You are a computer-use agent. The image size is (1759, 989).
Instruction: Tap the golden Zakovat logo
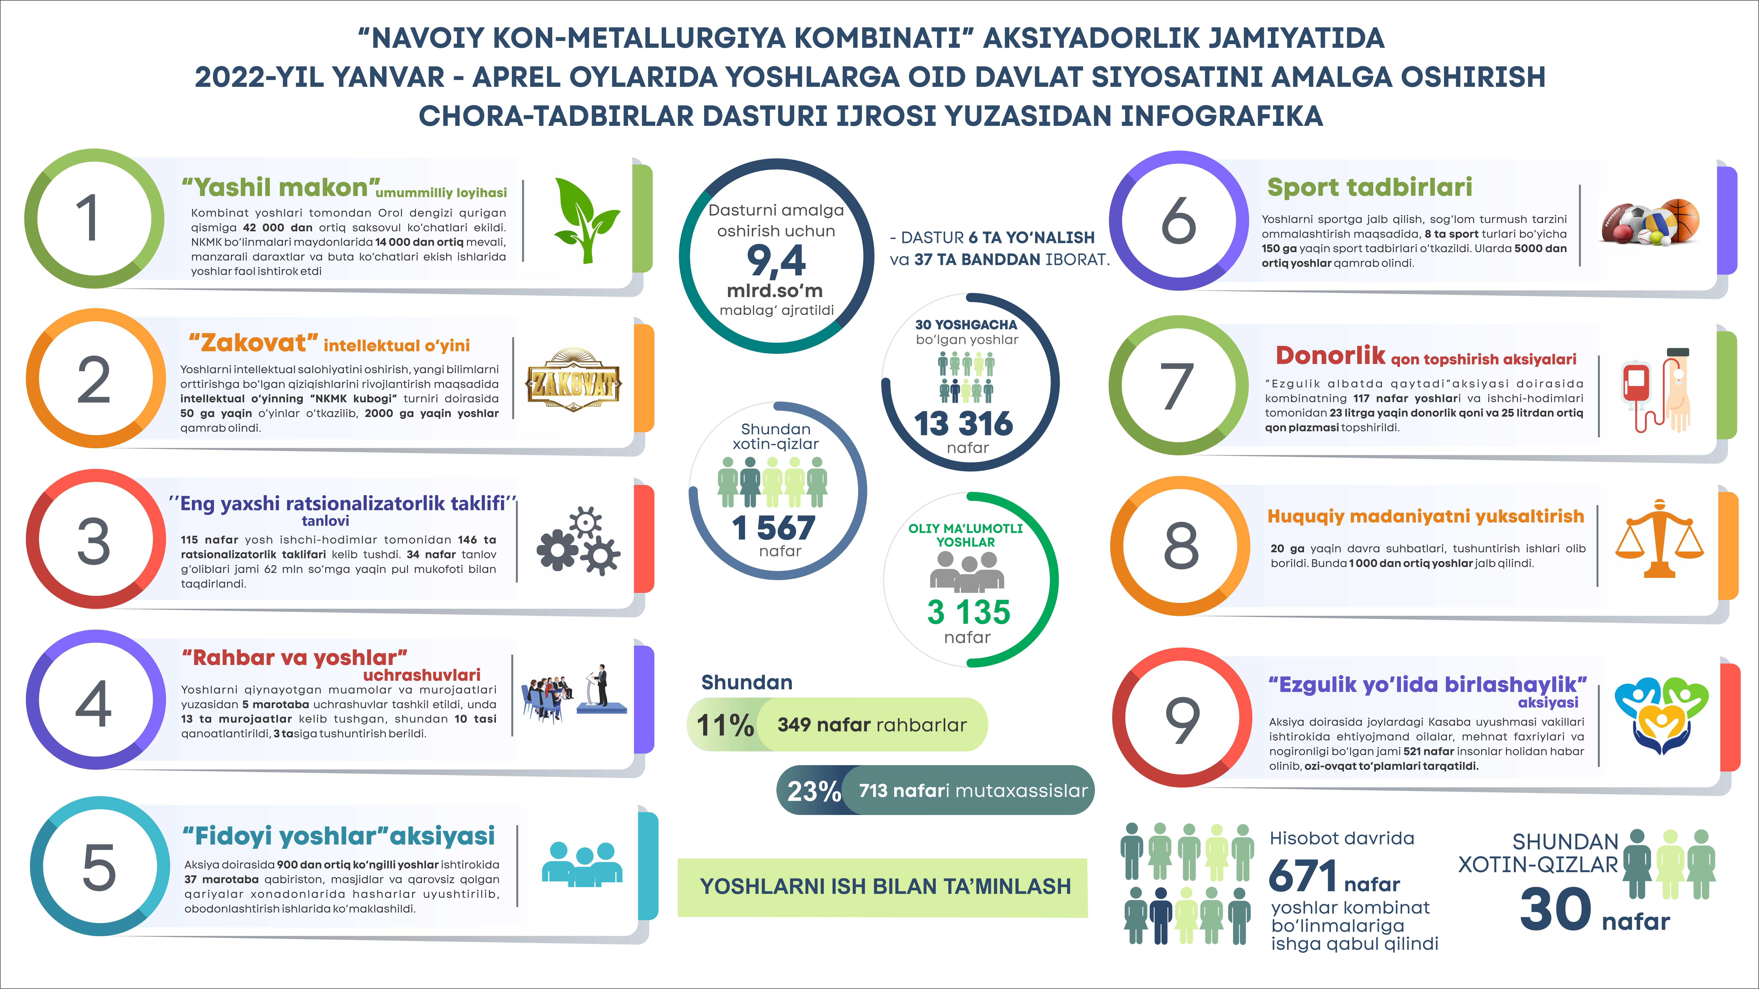coord(574,380)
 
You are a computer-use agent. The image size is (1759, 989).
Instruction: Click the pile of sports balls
coord(1649,222)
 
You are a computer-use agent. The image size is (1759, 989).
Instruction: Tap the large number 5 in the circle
coord(99,867)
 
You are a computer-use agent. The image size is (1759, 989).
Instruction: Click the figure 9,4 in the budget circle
coord(776,261)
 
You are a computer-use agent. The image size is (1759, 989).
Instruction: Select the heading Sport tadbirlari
coord(1369,187)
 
